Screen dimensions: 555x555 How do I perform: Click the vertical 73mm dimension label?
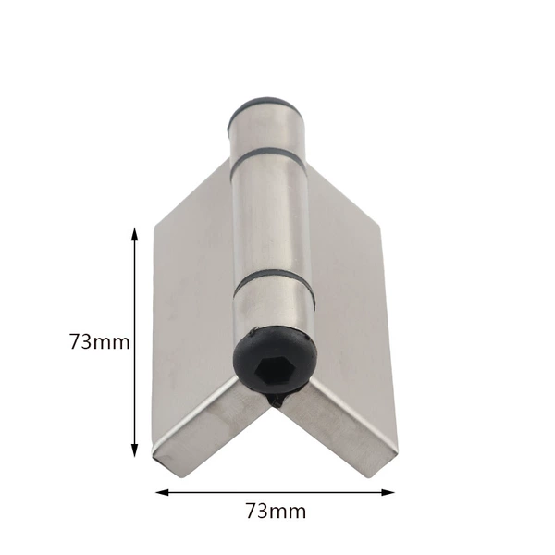coord(100,342)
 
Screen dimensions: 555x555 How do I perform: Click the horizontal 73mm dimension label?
coord(276,511)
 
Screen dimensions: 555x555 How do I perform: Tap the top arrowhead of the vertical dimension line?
coord(134,234)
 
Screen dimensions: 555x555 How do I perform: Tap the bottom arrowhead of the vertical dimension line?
coord(134,450)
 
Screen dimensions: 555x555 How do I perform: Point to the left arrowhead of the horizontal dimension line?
coord(162,492)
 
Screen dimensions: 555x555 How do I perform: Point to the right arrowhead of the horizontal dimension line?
coord(388,492)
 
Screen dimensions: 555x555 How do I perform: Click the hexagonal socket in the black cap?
coord(270,369)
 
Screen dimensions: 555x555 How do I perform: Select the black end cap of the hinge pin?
coord(275,361)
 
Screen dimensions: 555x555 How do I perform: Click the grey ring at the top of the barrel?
coord(265,106)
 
